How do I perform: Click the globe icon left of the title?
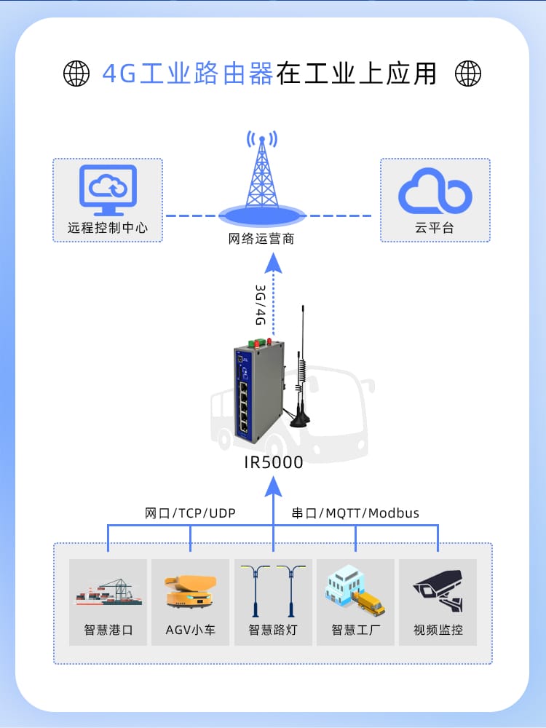tap(76, 73)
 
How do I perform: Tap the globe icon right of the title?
tap(468, 73)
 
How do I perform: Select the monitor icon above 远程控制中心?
tap(108, 190)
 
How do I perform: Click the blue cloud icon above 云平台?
tap(435, 191)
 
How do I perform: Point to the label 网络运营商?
tap(261, 239)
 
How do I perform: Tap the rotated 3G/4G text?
tap(260, 305)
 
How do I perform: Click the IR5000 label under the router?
tap(273, 462)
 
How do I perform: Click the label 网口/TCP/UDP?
tap(190, 513)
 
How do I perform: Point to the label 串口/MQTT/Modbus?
tap(355, 513)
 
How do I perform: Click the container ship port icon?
tap(108, 593)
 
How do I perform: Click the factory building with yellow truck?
tap(355, 591)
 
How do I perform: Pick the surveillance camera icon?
tap(438, 591)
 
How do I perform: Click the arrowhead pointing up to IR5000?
tap(273, 483)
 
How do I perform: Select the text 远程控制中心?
tap(108, 228)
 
